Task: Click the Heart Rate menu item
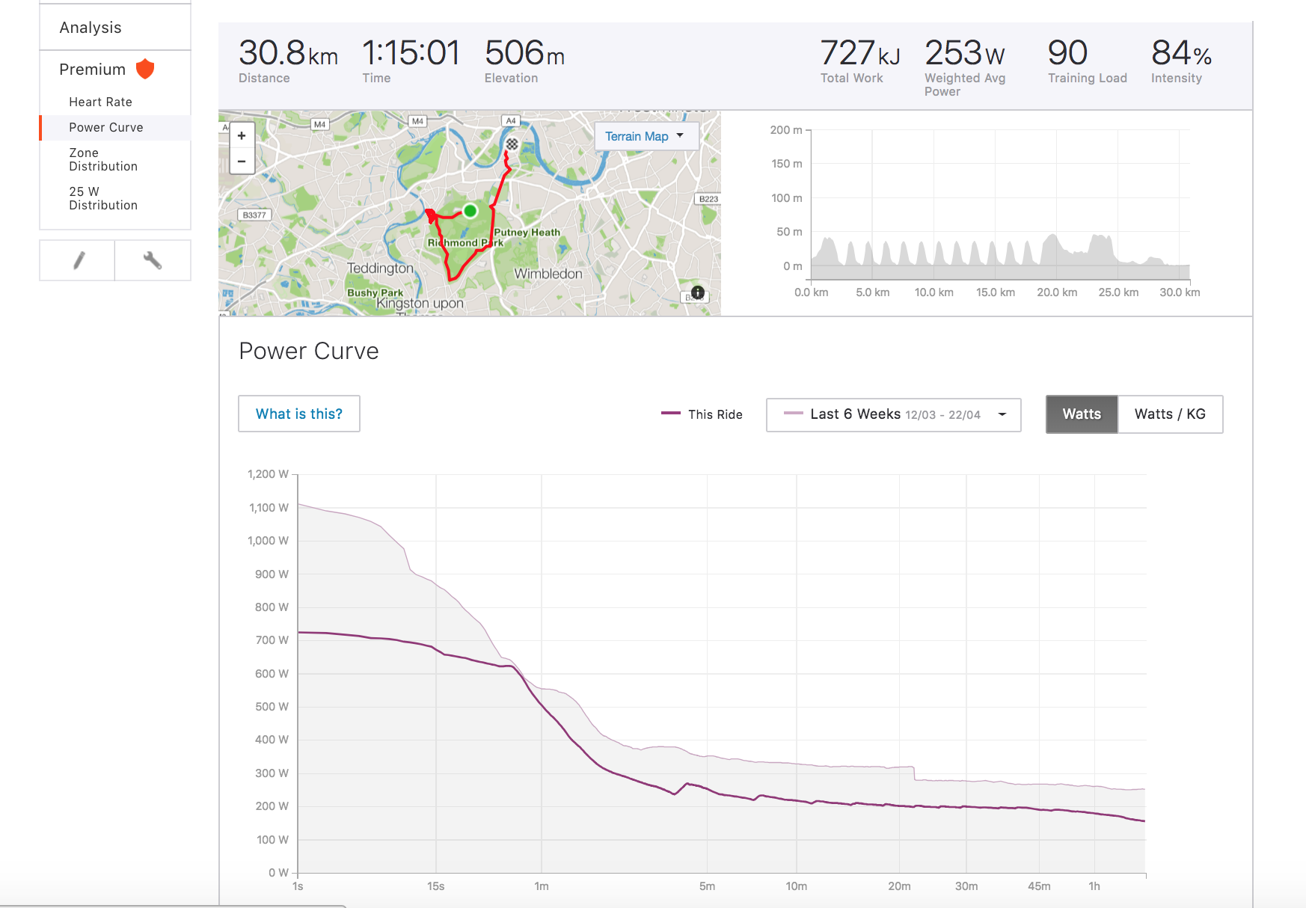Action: coord(100,102)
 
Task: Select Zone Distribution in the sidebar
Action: coord(103,159)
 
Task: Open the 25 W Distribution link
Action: coord(103,198)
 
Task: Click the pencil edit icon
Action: coord(78,260)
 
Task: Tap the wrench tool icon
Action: coord(153,260)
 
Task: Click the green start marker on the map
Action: coord(470,211)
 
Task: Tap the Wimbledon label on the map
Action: coord(548,274)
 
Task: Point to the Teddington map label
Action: coord(380,268)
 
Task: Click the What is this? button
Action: coord(299,414)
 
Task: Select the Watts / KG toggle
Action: coord(1170,414)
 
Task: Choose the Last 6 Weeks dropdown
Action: coord(894,414)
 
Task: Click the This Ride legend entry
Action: coord(703,414)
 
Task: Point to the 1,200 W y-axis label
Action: coord(268,474)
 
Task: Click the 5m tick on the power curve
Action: coord(707,886)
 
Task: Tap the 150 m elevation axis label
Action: coord(786,164)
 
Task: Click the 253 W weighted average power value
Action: coord(964,54)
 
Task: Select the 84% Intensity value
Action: coord(1180,54)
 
